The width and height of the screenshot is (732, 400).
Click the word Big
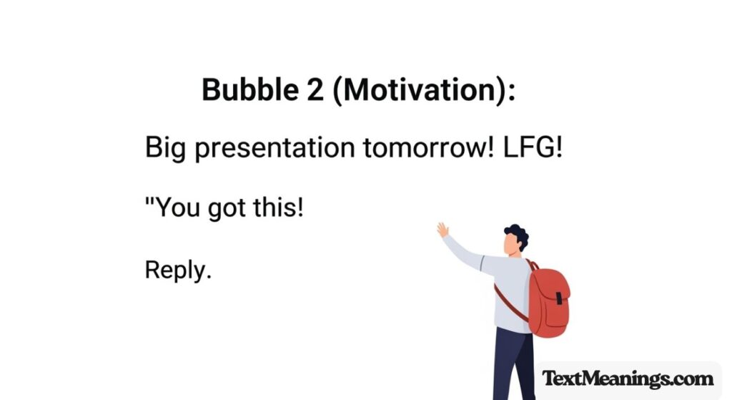pyautogui.click(x=164, y=150)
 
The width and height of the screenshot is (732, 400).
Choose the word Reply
pyautogui.click(x=178, y=271)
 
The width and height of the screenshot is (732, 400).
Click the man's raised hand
pyautogui.click(x=443, y=230)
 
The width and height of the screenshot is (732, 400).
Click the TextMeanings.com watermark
pyautogui.click(x=627, y=379)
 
